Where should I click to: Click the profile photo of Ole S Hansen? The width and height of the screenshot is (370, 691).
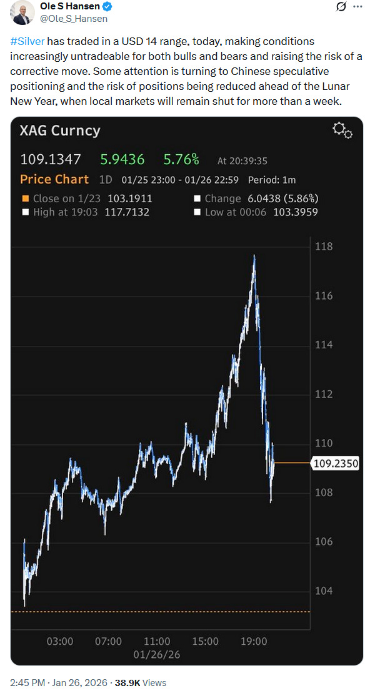pos(22,12)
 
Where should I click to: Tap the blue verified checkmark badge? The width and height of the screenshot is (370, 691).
pos(107,6)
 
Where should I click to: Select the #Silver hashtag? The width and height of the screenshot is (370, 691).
pos(27,42)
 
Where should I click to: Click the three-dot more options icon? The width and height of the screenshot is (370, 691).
pos(357,7)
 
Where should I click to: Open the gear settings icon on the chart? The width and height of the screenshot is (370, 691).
pos(342,131)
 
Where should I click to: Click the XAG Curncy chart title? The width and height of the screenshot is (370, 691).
pos(60,131)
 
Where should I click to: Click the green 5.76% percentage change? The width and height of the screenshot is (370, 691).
pos(182,160)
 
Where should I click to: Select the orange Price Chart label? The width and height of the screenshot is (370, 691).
pos(54,180)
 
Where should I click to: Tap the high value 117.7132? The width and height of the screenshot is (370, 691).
pos(127,212)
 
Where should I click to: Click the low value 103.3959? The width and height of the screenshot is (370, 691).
pos(296,212)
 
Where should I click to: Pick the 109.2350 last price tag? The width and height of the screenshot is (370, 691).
pos(335,463)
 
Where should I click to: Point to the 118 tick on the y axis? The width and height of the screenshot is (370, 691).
pos(324,247)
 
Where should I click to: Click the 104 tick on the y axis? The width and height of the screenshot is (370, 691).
pos(324,591)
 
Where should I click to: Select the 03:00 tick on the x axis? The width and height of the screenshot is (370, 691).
pos(60,640)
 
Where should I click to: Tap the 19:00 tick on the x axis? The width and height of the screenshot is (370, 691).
pos(254,640)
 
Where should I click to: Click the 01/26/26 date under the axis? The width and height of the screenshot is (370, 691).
pos(156,655)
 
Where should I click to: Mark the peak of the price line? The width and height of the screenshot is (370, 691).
pos(254,255)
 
